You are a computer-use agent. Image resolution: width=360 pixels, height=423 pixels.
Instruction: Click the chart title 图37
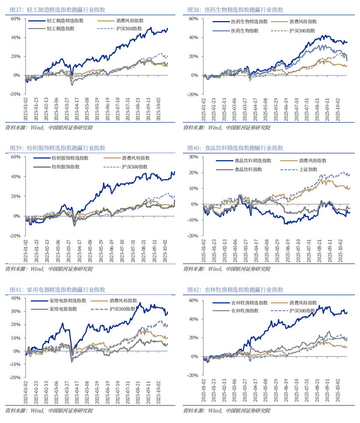pos(57,9)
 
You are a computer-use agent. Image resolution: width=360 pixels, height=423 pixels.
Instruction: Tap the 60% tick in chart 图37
pos(15,19)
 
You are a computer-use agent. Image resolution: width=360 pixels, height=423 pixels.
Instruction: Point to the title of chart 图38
pos(235,9)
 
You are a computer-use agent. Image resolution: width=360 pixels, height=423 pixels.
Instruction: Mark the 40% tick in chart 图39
pos(15,177)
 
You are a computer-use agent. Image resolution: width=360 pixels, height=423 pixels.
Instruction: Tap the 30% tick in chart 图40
pos(193,157)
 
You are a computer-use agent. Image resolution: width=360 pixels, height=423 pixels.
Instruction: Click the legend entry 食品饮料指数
pos(248,169)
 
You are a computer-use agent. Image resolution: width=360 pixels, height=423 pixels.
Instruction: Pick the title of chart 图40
pos(235,148)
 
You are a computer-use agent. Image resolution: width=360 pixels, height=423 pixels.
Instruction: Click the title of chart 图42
pos(235,290)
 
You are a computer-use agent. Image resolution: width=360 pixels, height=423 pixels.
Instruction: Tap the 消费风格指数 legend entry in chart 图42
pos(303,303)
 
